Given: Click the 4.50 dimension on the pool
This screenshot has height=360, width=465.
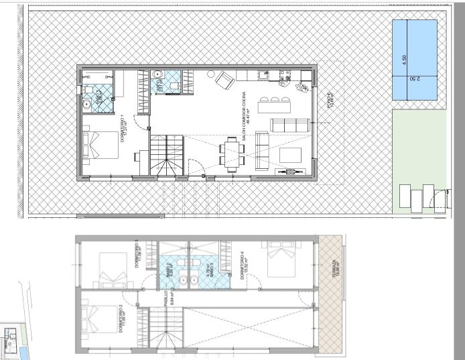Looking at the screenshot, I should pos(404,60).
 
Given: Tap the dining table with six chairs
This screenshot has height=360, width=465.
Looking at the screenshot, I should pos(232,155).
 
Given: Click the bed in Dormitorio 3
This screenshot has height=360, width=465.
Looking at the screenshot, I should pos(111,268).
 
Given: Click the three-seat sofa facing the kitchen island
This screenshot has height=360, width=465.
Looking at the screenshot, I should pos(290,125).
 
